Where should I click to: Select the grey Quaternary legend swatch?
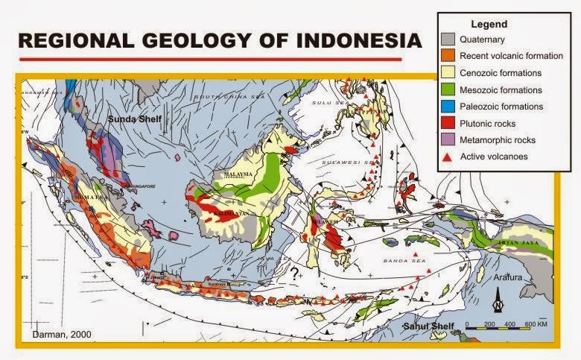pos(449,40)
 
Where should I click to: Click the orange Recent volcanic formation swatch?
pos(449,56)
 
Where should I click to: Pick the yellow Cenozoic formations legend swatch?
pos(449,73)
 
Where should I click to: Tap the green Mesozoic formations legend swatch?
pos(449,89)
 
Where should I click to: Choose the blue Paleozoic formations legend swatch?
pos(449,107)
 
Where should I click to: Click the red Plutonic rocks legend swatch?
pos(449,123)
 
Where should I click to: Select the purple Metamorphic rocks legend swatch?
pos(449,139)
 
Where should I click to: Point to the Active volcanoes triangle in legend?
pos(449,156)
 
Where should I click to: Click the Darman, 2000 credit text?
pos(62,335)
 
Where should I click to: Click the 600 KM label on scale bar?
pos(533,326)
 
